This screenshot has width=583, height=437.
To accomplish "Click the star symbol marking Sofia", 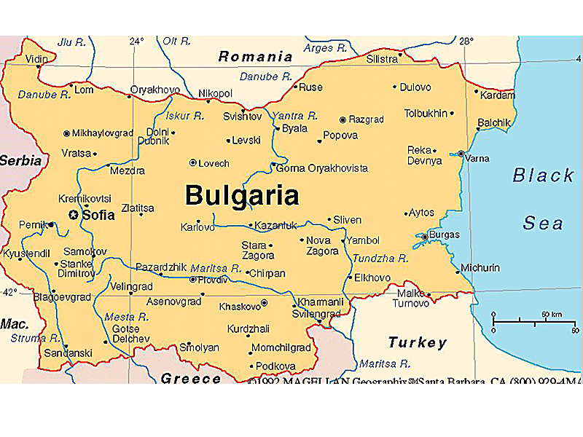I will click(x=73, y=214).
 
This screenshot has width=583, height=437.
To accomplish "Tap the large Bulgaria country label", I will click(x=242, y=195).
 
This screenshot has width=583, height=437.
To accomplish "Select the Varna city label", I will click(x=478, y=158).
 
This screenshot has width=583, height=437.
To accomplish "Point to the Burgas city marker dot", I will click(x=425, y=236).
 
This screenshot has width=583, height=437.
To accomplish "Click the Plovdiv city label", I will click(x=214, y=279).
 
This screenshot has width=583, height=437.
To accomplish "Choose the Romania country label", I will click(x=256, y=56).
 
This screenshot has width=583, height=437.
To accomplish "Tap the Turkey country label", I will click(x=417, y=342).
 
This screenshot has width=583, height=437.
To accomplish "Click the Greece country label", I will click(x=190, y=378).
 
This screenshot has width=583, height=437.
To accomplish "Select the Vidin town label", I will click(x=36, y=59).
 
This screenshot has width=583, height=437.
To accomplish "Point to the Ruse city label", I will click(x=311, y=87).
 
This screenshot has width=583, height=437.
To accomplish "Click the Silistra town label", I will click(x=383, y=58).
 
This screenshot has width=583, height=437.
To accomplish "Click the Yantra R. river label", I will click(x=295, y=116).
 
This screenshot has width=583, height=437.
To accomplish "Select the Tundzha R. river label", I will click(x=380, y=258).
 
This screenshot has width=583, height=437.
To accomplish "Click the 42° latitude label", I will click(x=9, y=291).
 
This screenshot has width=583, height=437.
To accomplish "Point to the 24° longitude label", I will click(x=136, y=42).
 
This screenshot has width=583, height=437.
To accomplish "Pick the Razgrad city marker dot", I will click(x=343, y=119).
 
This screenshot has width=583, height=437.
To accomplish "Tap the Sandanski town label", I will click(x=69, y=353).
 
